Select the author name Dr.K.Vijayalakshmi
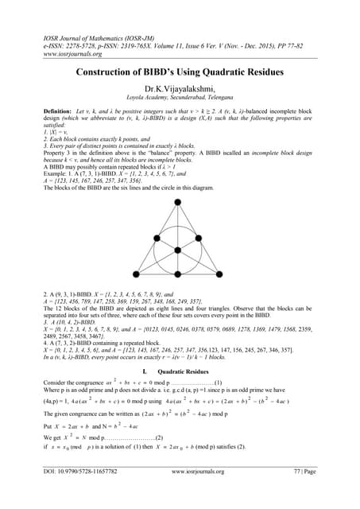[x=180, y=91]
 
